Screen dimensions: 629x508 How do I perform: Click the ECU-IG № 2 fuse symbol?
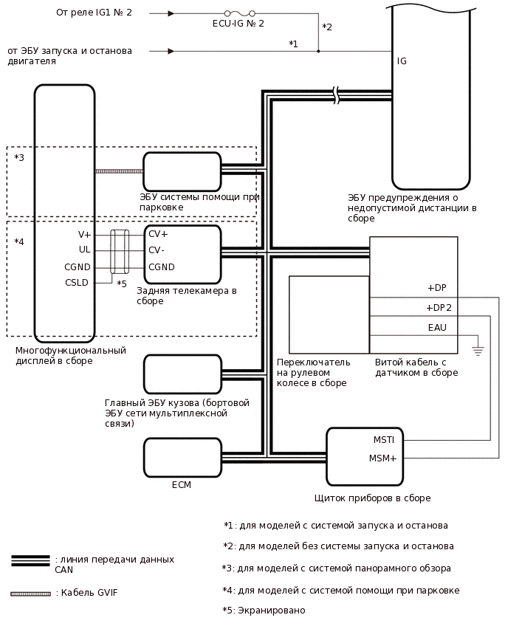pyautogui.click(x=239, y=13)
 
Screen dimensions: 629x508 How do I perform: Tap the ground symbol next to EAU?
pyautogui.click(x=478, y=350)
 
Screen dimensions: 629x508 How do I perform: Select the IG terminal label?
pyautogui.click(x=402, y=61)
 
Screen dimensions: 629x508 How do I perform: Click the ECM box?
pyautogui.click(x=182, y=458)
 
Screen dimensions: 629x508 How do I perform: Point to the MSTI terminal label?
pyautogui.click(x=383, y=440)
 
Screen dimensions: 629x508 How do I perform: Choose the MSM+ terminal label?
pyautogui.click(x=383, y=458)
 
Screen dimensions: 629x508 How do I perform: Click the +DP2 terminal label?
pyautogui.click(x=439, y=308)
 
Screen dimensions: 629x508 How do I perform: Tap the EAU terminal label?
pyautogui.click(x=437, y=328)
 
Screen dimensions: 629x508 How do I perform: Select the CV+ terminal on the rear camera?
pyautogui.click(x=158, y=234)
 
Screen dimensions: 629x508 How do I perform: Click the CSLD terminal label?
pyautogui.click(x=78, y=282)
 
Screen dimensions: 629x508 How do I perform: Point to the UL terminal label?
pyautogui.click(x=84, y=250)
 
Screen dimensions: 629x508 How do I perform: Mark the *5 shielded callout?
pyautogui.click(x=122, y=283)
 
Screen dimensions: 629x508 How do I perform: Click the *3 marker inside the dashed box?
pyautogui.click(x=19, y=158)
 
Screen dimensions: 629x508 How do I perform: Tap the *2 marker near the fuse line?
pyautogui.click(x=327, y=27)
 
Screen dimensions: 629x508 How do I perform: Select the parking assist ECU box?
pyautogui.click(x=182, y=171)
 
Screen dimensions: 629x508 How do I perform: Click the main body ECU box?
pyautogui.click(x=182, y=374)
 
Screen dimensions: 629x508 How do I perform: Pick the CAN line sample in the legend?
pyautogui.click(x=30, y=560)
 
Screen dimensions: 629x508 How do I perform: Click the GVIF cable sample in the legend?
pyautogui.click(x=30, y=594)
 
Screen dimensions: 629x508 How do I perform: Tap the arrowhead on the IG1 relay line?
pyautogui.click(x=171, y=13)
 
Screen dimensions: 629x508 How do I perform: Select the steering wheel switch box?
pyautogui.click(x=329, y=314)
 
